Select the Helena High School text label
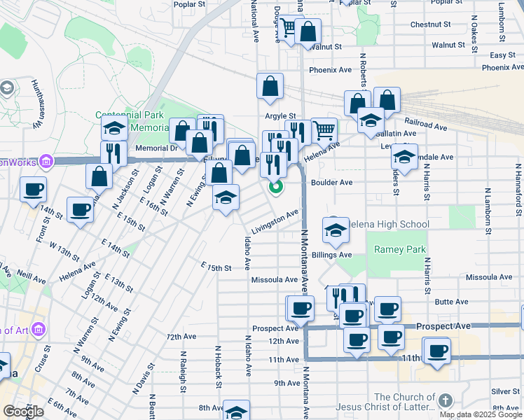click(x=387, y=224)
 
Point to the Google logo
click(x=22, y=411)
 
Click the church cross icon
click(x=446, y=401)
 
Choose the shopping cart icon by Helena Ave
click(x=323, y=130)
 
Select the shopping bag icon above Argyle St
click(x=270, y=87)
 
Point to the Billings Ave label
click(x=332, y=255)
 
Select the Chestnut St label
click(x=430, y=24)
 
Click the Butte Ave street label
click(x=451, y=302)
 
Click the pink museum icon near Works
click(x=46, y=162)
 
